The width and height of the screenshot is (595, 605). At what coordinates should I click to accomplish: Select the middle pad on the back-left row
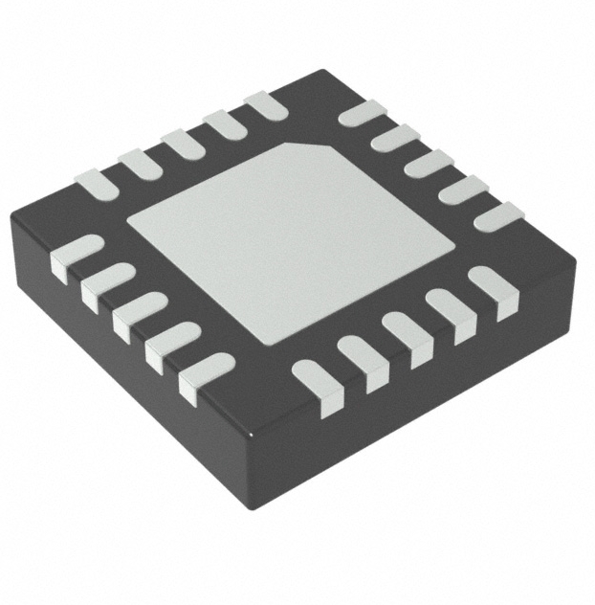[181, 143]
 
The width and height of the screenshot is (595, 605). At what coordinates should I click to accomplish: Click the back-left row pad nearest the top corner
[265, 105]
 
